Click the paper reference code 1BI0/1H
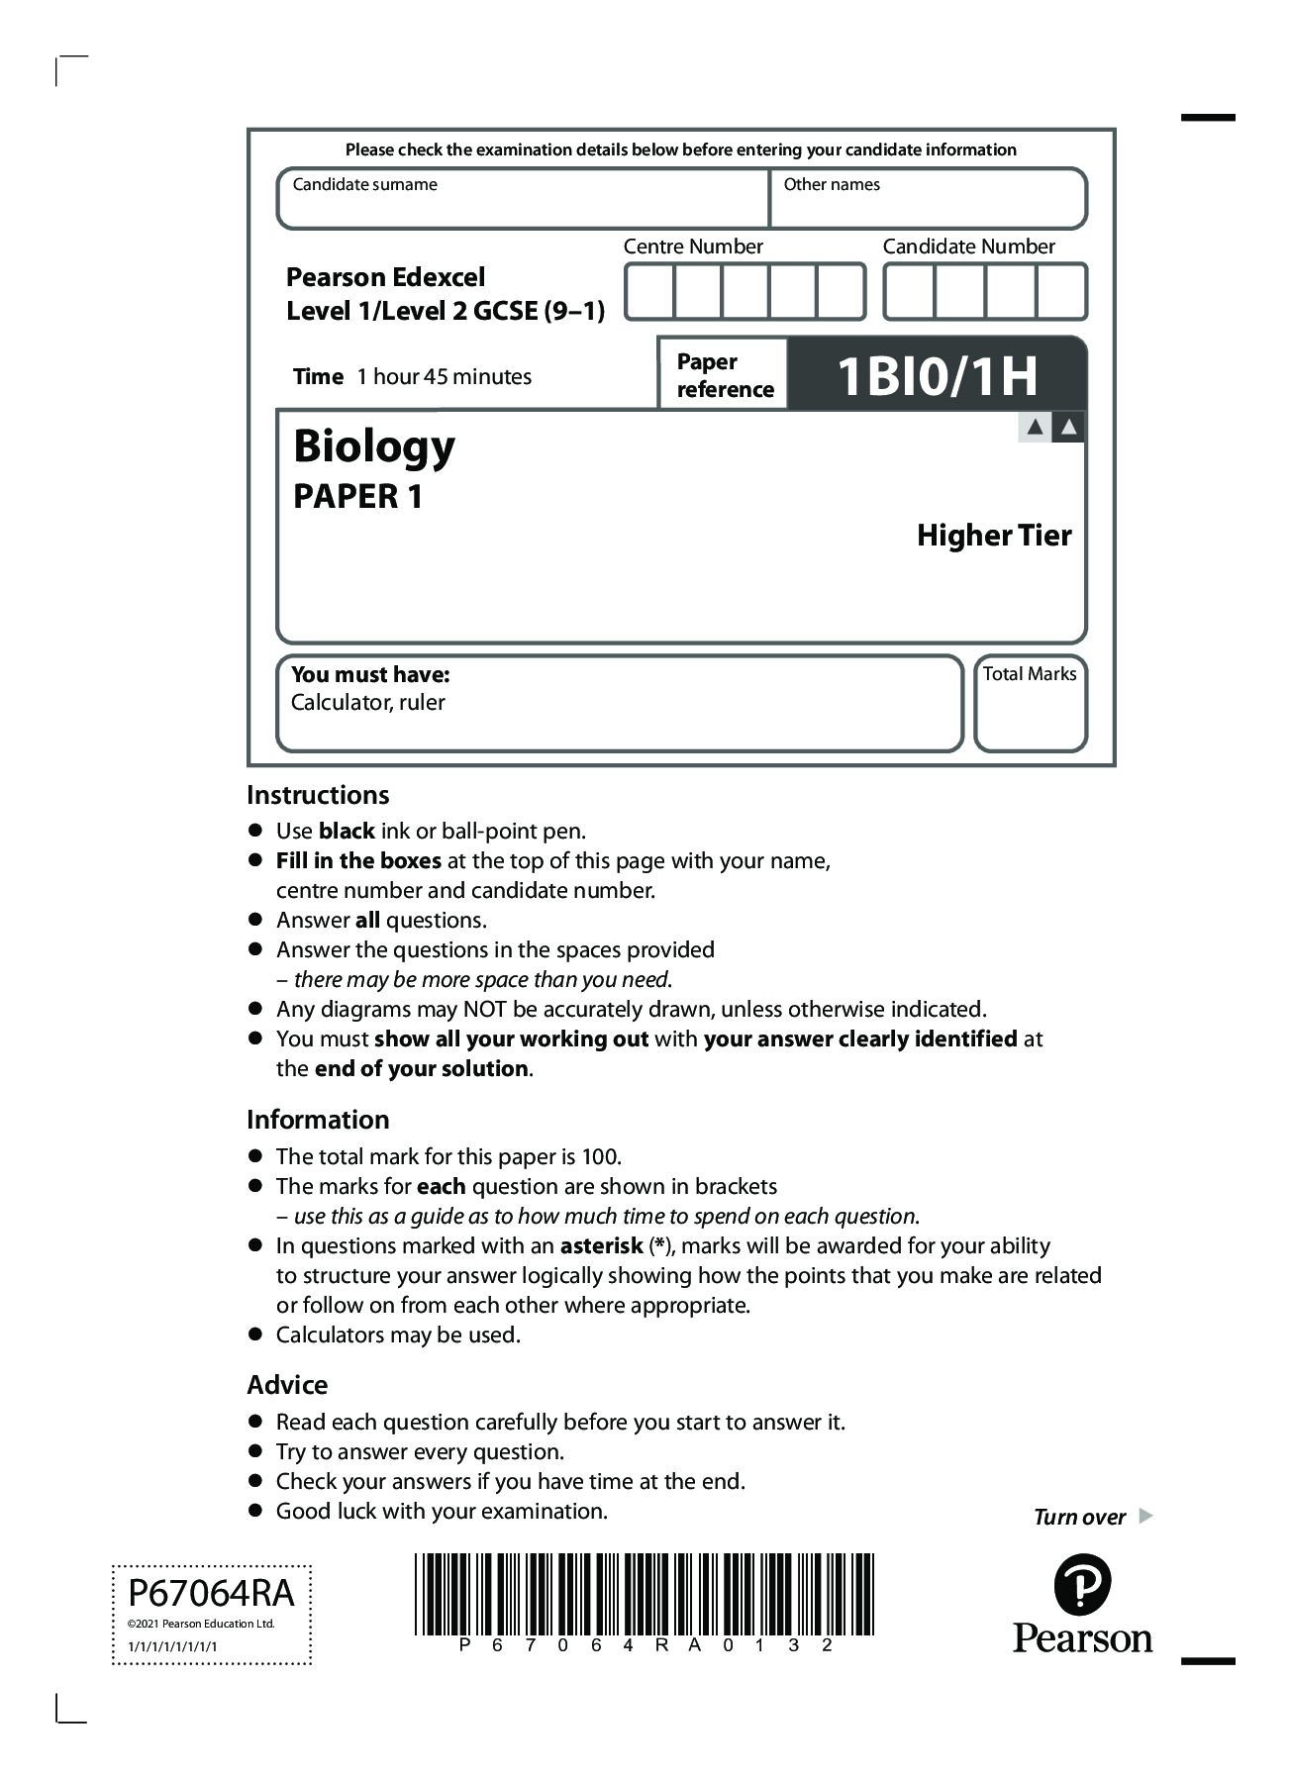(x=937, y=376)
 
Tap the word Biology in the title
(x=374, y=447)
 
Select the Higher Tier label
(x=994, y=536)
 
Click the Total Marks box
(x=1030, y=705)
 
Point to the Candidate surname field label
(x=364, y=185)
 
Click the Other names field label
(x=832, y=185)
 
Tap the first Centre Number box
(x=649, y=292)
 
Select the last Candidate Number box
(x=1061, y=292)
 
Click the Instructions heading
(x=318, y=795)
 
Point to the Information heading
(x=318, y=1120)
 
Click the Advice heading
(x=287, y=1385)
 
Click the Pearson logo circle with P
(x=1082, y=1585)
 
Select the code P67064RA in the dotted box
(x=211, y=1594)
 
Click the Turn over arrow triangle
(x=1145, y=1516)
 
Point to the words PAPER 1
(x=357, y=497)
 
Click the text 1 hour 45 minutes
(x=444, y=377)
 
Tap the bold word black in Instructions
(x=347, y=832)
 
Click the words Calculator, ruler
(x=367, y=703)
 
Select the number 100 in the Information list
(x=600, y=1157)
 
